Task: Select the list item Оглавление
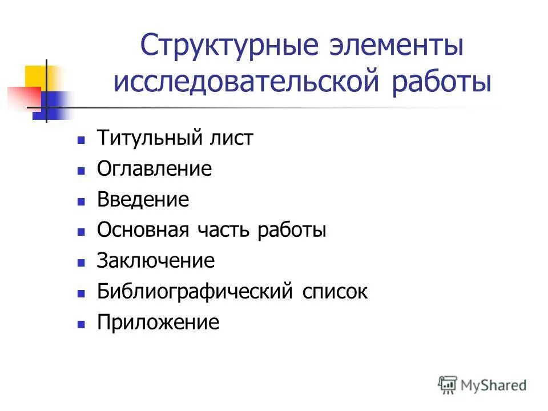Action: point(154,169)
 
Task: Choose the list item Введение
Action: point(143,200)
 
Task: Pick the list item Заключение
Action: point(156,261)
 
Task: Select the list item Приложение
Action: point(158,323)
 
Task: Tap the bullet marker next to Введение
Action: point(81,201)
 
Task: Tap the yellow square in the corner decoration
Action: point(35,76)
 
